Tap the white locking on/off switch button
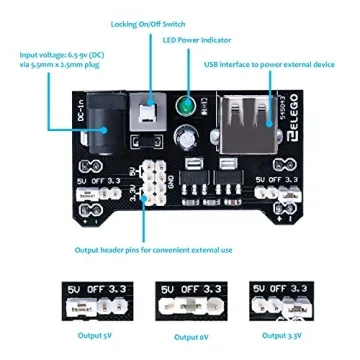[x=148, y=112]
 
